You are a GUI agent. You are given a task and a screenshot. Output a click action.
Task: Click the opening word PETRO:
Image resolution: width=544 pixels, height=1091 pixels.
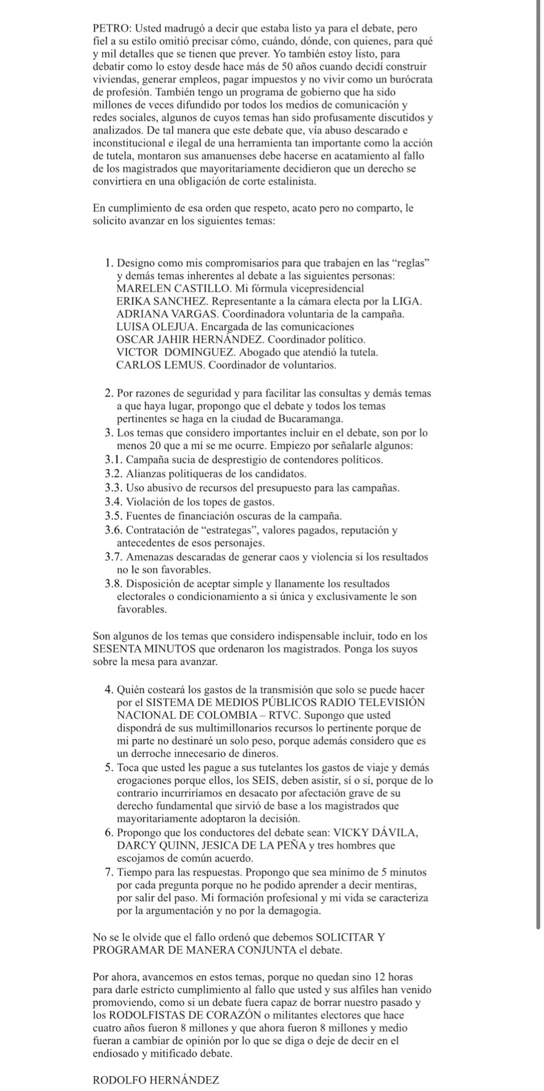pyautogui.click(x=109, y=28)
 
